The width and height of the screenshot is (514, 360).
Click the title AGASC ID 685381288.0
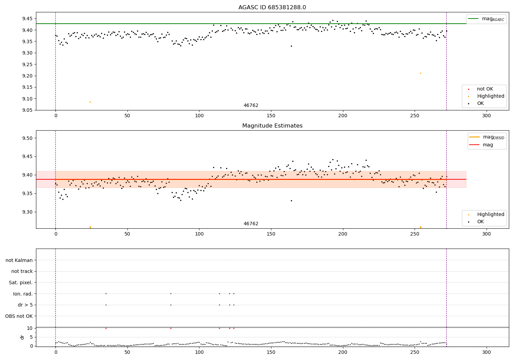(272, 8)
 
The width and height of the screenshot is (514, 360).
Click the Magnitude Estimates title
(272, 126)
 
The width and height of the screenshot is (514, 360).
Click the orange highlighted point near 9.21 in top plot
(420, 73)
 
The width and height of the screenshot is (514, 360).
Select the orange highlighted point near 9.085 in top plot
(90, 102)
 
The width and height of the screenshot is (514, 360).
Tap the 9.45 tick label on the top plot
(26, 19)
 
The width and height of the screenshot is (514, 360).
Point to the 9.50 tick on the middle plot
(26, 138)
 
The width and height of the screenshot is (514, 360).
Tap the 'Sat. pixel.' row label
(21, 283)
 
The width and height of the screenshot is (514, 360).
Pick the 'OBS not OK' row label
(19, 316)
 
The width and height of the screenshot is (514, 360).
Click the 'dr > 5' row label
(25, 305)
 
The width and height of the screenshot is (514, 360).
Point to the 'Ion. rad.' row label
(23, 294)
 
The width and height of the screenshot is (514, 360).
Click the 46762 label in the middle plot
(251, 224)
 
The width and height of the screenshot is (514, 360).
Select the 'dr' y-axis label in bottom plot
(22, 337)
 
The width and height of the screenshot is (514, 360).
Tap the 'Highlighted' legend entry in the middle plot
(490, 215)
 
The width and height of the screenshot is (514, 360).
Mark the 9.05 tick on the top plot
(26, 110)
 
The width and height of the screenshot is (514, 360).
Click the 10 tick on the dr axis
(29, 328)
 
